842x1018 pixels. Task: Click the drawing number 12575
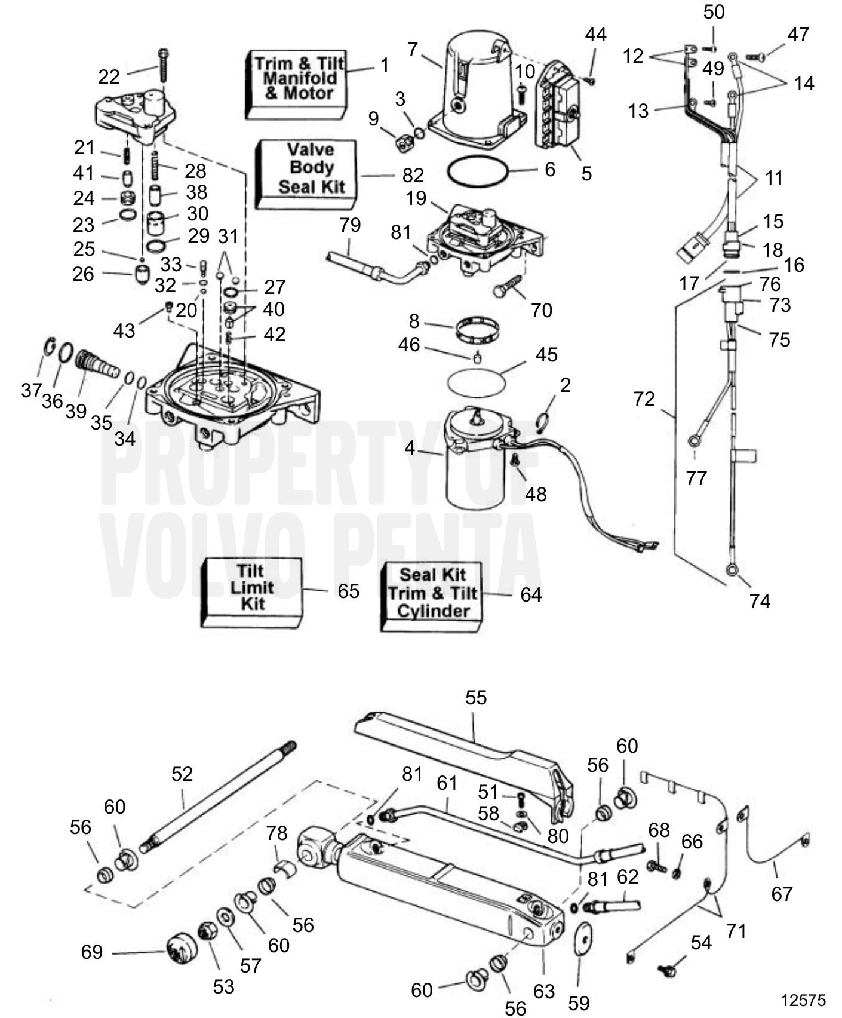(x=804, y=1000)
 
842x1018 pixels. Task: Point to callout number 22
(x=109, y=76)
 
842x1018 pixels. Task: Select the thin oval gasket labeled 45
(x=475, y=381)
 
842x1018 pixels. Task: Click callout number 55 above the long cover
(x=476, y=698)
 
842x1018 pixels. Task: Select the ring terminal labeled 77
(x=695, y=441)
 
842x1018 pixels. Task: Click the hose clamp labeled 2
(x=544, y=422)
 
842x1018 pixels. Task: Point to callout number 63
(x=544, y=992)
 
